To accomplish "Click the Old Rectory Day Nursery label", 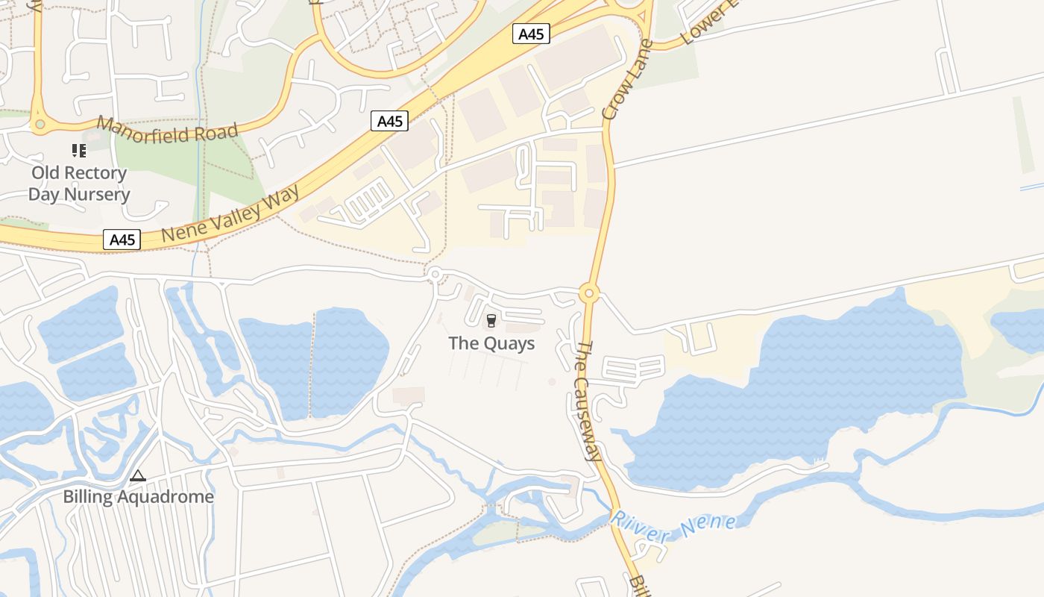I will click(78, 184).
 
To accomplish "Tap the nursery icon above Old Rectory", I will click(79, 151).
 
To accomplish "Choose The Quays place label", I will click(491, 343).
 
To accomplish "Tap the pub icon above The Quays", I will click(491, 321).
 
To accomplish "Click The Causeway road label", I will click(588, 401).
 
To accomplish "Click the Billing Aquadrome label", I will click(138, 496).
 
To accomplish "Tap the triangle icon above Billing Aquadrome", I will click(138, 475).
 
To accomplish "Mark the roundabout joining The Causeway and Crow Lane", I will click(589, 293).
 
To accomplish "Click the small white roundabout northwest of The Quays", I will click(435, 275).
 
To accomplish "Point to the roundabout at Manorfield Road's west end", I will click(39, 125).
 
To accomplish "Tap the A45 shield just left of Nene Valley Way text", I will click(122, 240).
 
